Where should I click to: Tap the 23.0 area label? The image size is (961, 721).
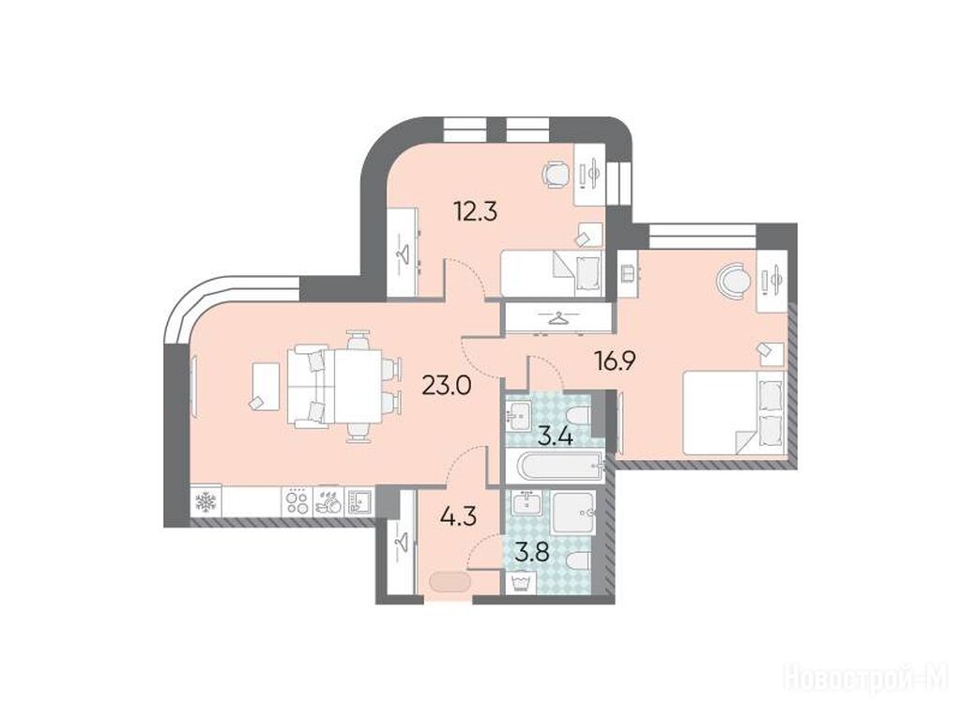[446, 386]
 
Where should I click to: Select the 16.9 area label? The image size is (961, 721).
[614, 361]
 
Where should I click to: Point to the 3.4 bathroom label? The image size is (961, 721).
[556, 437]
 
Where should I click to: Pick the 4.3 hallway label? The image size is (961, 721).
[458, 515]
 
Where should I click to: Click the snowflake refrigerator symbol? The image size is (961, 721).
[205, 503]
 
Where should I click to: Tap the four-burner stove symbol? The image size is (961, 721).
[297, 502]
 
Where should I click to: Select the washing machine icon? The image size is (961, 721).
[520, 581]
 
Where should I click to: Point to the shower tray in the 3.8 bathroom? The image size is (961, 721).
[573, 512]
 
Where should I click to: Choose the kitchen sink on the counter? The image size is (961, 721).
[359, 502]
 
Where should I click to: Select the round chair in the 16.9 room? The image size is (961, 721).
[733, 280]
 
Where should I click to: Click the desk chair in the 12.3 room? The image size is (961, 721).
[557, 175]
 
